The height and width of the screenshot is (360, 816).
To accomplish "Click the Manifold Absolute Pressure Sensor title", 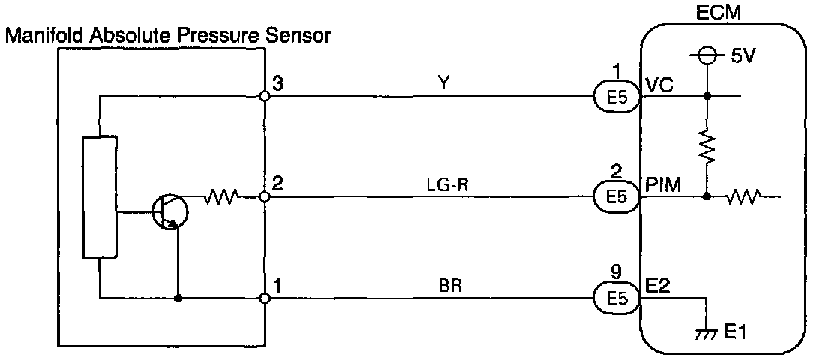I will tap(168, 35).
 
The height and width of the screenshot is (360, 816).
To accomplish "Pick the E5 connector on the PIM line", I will tap(616, 197).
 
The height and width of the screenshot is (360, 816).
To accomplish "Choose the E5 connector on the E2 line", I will tap(616, 298).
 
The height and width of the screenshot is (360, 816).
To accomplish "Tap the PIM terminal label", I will tap(662, 185).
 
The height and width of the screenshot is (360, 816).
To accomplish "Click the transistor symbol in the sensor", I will tap(169, 211).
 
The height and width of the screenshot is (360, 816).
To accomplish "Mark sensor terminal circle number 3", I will tap(264, 96).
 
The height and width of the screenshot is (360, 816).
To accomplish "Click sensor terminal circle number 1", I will tap(264, 298).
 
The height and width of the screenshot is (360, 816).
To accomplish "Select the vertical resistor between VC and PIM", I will tap(707, 146).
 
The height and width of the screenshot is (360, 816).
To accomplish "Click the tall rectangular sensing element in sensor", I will tap(100, 198).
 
